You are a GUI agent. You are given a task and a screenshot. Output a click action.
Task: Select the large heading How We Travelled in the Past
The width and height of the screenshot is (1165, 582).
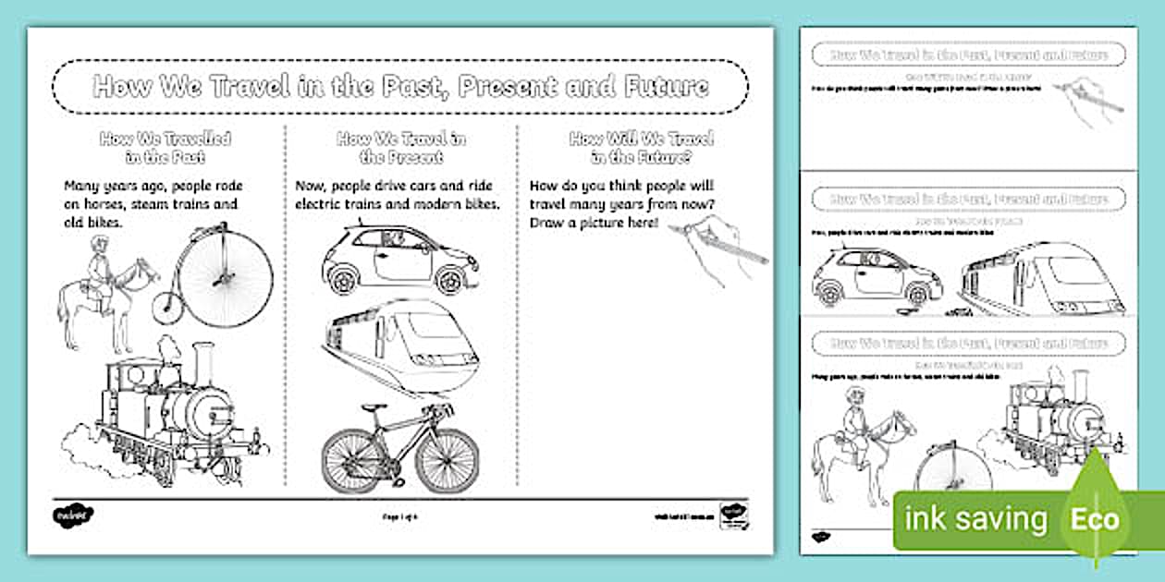[166, 148]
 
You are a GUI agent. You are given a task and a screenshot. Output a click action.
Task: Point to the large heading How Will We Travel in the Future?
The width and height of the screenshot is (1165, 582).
[641, 148]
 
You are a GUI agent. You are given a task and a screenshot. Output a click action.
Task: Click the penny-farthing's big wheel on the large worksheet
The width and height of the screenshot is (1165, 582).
[225, 276]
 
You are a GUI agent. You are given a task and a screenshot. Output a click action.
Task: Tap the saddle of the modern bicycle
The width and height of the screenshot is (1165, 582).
[372, 406]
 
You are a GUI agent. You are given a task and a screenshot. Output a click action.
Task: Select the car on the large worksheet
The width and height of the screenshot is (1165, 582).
[399, 261]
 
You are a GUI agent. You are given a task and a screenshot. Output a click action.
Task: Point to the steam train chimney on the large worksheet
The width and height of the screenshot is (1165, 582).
[202, 362]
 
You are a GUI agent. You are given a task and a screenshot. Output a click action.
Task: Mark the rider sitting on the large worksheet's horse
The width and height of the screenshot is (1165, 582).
[100, 268]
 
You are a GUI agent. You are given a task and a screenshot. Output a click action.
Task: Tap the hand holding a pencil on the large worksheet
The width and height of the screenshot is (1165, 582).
[720, 248]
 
